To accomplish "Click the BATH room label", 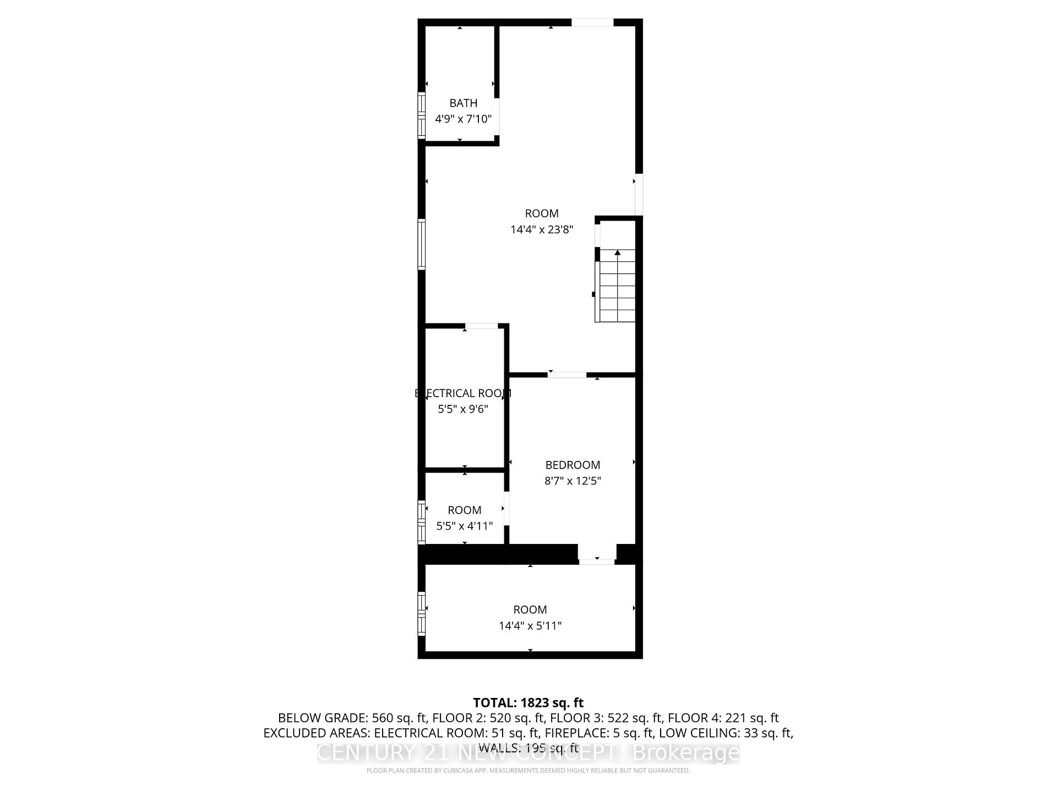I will click(463, 103).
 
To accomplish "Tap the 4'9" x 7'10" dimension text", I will click(463, 119).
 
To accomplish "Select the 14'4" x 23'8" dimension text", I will click(542, 229).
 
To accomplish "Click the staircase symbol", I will click(617, 286).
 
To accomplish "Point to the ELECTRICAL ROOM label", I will click(463, 393).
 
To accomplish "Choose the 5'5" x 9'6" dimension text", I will click(463, 409).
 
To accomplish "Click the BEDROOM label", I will click(573, 465).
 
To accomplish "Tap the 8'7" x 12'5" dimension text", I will click(573, 481).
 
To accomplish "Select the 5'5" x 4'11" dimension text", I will click(464, 526).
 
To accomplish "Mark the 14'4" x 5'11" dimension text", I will click(530, 625).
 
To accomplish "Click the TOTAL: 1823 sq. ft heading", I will click(528, 702).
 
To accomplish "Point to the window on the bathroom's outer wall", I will click(422, 116).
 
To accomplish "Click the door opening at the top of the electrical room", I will click(482, 326).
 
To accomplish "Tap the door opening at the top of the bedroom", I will click(567, 375).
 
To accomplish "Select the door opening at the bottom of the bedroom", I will click(597, 562).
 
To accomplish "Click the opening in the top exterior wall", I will click(592, 23).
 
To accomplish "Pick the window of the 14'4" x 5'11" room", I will click(422, 613).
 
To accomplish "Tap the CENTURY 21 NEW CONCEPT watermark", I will click(528, 752).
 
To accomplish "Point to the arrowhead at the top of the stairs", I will click(618, 252).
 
